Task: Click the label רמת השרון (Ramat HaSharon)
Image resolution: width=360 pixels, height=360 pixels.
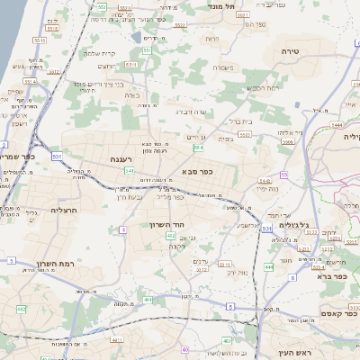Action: [x=53, y=265]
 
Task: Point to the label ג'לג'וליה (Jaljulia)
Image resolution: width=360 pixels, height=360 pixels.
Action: [x=294, y=225]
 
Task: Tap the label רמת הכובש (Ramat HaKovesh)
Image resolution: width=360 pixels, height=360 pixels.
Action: [x=260, y=89]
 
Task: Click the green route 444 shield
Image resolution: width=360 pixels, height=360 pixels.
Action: [x=269, y=267]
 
